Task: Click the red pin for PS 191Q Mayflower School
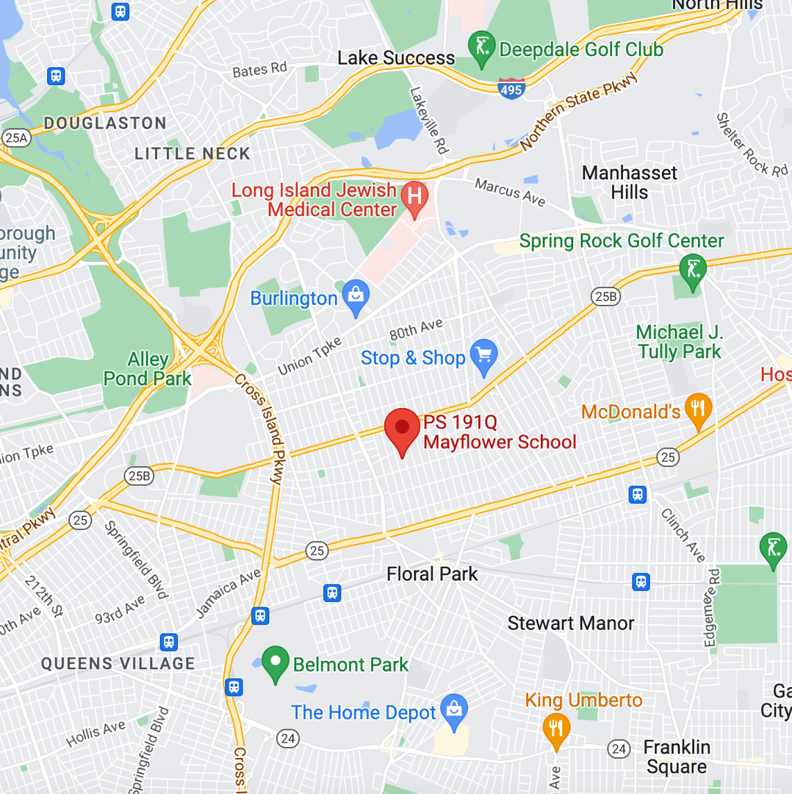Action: tap(402, 429)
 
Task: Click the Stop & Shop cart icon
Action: tap(483, 356)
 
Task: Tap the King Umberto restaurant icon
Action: tap(556, 728)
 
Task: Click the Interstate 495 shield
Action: tap(511, 89)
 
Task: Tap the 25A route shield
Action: tap(15, 137)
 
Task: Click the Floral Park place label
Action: tap(432, 573)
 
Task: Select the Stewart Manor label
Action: tap(571, 623)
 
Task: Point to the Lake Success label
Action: tap(396, 58)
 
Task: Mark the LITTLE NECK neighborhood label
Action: tap(192, 154)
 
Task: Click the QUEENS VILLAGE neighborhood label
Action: tap(118, 663)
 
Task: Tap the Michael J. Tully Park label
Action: tap(680, 342)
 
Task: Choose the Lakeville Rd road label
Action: tap(429, 121)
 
